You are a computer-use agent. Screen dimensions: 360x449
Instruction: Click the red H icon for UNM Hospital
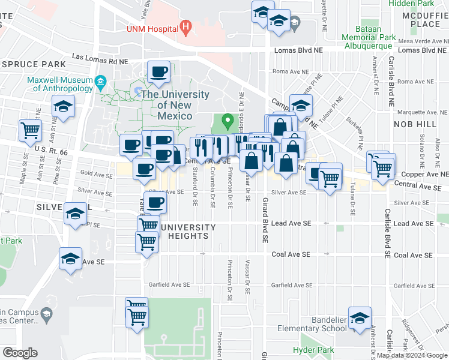186,27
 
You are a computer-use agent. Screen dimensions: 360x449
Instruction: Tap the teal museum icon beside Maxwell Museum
101,80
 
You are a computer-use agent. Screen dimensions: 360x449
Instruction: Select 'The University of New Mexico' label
175,105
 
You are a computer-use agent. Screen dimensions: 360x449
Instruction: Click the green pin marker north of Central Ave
228,121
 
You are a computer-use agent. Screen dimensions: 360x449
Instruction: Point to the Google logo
20,353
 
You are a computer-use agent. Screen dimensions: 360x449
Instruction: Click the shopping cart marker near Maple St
30,130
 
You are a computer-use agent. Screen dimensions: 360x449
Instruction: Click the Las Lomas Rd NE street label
100,61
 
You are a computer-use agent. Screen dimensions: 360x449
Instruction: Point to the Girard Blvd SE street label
264,220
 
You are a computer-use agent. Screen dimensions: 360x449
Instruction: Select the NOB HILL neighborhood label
415,124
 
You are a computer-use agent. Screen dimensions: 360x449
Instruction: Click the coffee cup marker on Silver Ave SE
155,202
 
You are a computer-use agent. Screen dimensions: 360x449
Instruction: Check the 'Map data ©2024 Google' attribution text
412,355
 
